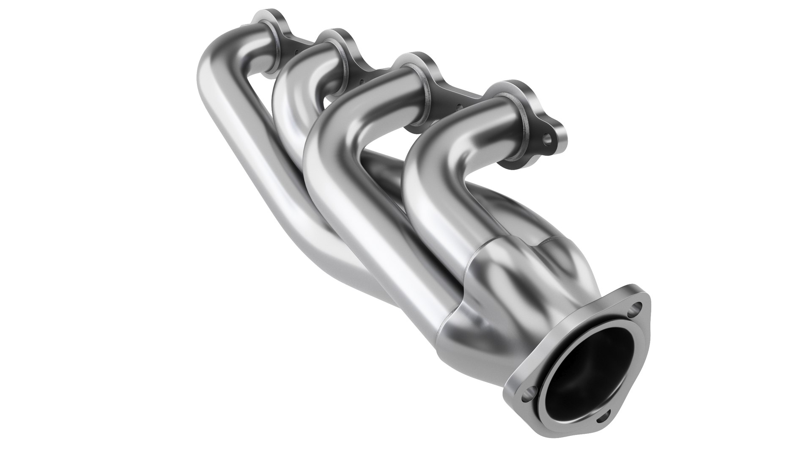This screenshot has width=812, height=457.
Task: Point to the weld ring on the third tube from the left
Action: (x=427, y=91)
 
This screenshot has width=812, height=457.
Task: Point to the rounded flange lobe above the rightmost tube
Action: (x=512, y=87)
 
